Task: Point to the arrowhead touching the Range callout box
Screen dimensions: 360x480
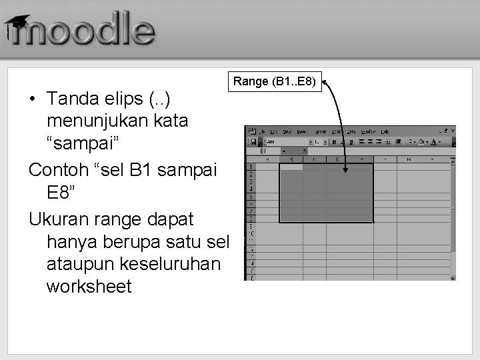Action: tap(325, 83)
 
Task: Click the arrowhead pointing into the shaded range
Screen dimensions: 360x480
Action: tap(345, 171)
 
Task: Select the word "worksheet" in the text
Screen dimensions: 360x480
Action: tap(89, 287)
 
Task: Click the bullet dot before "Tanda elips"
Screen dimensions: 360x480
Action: tap(32, 99)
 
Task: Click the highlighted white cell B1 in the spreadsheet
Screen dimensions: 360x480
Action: tap(291, 167)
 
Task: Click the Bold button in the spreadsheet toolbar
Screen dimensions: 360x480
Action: tap(333, 141)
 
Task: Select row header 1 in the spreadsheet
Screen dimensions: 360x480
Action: tap(250, 167)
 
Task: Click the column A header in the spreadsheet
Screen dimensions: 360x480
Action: tap(267, 159)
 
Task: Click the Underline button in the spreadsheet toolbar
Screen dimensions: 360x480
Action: tap(351, 141)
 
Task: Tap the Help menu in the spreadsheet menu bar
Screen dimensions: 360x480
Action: tap(385, 131)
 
